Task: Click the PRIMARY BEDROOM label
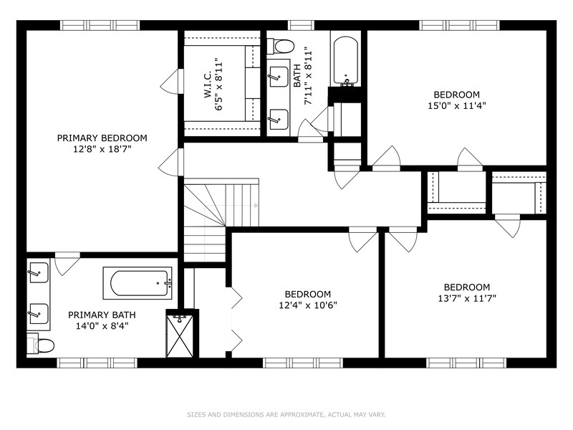click(x=102, y=138)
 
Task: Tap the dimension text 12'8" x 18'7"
click(x=102, y=149)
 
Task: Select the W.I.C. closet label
click(x=206, y=84)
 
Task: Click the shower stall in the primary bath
click(x=180, y=335)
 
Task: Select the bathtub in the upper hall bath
click(x=346, y=60)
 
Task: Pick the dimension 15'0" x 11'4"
click(x=456, y=106)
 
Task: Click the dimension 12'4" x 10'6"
click(x=307, y=305)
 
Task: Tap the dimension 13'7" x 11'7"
click(x=466, y=298)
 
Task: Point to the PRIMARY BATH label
click(x=102, y=315)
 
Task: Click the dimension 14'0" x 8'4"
click(x=102, y=325)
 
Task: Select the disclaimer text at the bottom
click(x=286, y=414)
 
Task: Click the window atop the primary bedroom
click(x=99, y=25)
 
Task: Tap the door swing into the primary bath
click(x=67, y=264)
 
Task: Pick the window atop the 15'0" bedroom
click(x=458, y=25)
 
